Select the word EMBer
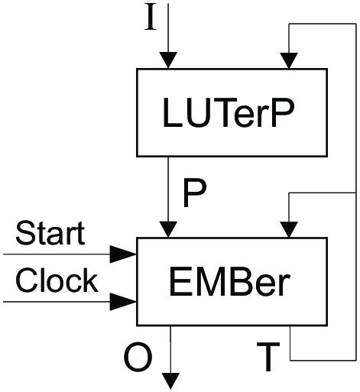click(229, 282)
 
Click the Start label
click(50, 233)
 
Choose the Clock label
click(56, 280)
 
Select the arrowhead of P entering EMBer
click(168, 229)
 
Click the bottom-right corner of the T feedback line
click(356, 359)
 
